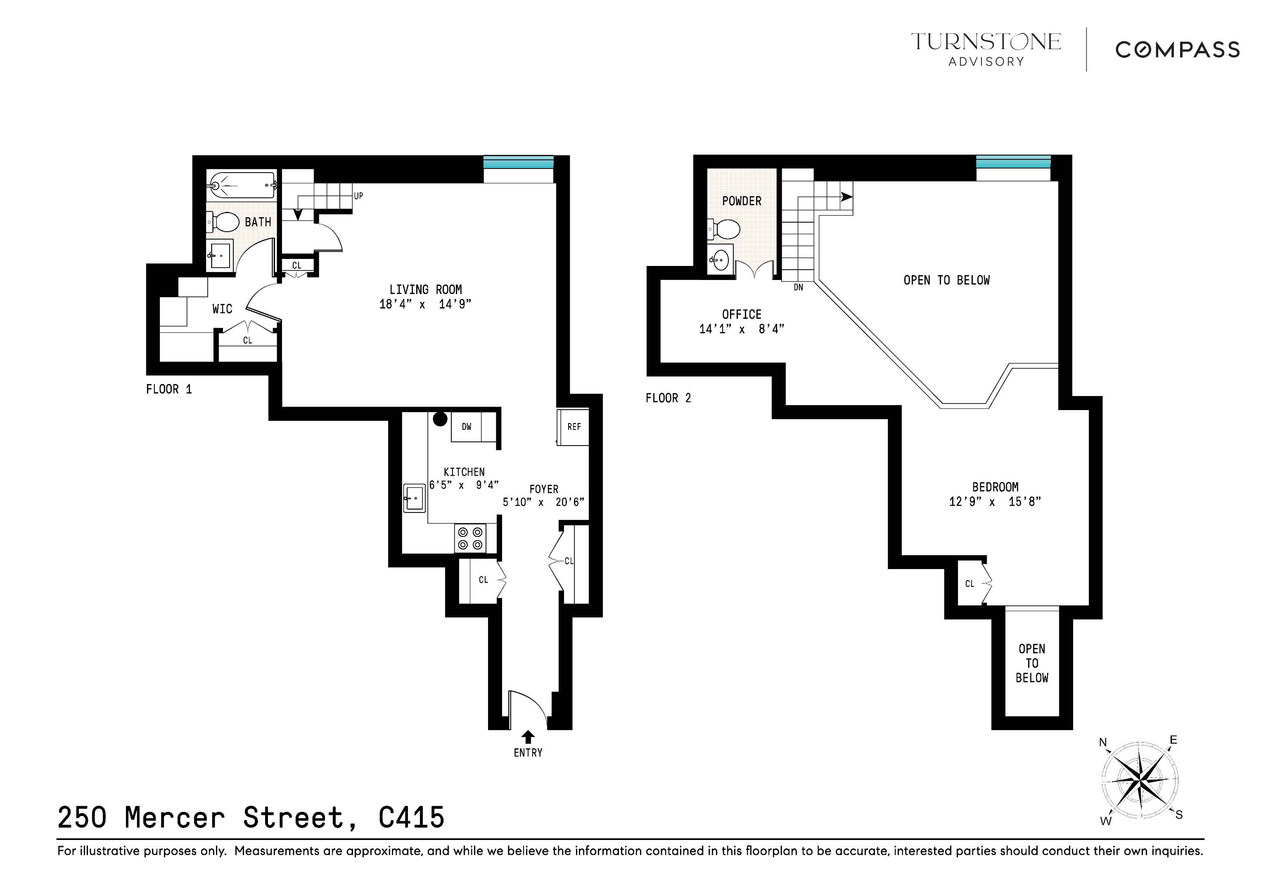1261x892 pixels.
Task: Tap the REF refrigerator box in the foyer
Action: (x=574, y=427)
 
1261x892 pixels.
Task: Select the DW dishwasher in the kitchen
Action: (x=466, y=427)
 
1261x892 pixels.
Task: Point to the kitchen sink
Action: (x=414, y=498)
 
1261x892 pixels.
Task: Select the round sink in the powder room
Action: (x=720, y=260)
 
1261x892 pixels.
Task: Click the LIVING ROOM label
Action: (x=426, y=289)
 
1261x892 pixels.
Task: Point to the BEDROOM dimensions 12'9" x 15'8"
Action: (x=995, y=501)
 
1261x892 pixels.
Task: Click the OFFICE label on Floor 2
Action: (x=742, y=314)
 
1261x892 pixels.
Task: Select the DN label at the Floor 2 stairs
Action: (x=798, y=287)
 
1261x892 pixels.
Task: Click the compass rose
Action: (x=1140, y=780)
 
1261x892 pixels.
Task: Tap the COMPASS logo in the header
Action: (x=1177, y=50)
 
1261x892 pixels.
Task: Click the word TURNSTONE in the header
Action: (x=986, y=42)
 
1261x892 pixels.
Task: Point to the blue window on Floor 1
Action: (x=518, y=163)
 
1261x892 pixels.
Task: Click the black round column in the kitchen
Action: (x=440, y=419)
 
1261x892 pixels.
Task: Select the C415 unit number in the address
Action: (x=411, y=817)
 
